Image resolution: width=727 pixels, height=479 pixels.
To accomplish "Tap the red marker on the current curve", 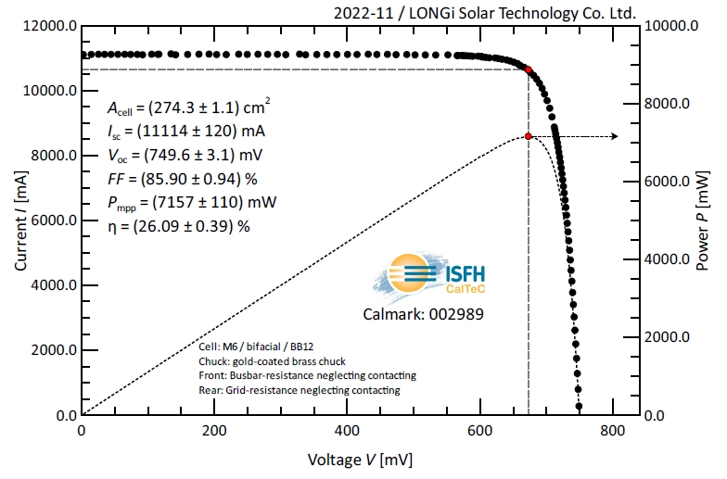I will tap(529, 69).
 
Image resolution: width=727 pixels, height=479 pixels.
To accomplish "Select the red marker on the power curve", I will tap(529, 136).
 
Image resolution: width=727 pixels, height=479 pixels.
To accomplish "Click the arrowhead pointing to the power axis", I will tap(613, 136).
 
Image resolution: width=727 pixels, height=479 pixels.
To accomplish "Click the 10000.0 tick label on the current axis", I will tap(47, 91).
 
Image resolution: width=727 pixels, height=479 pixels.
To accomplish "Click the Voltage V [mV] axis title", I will tap(361, 460).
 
